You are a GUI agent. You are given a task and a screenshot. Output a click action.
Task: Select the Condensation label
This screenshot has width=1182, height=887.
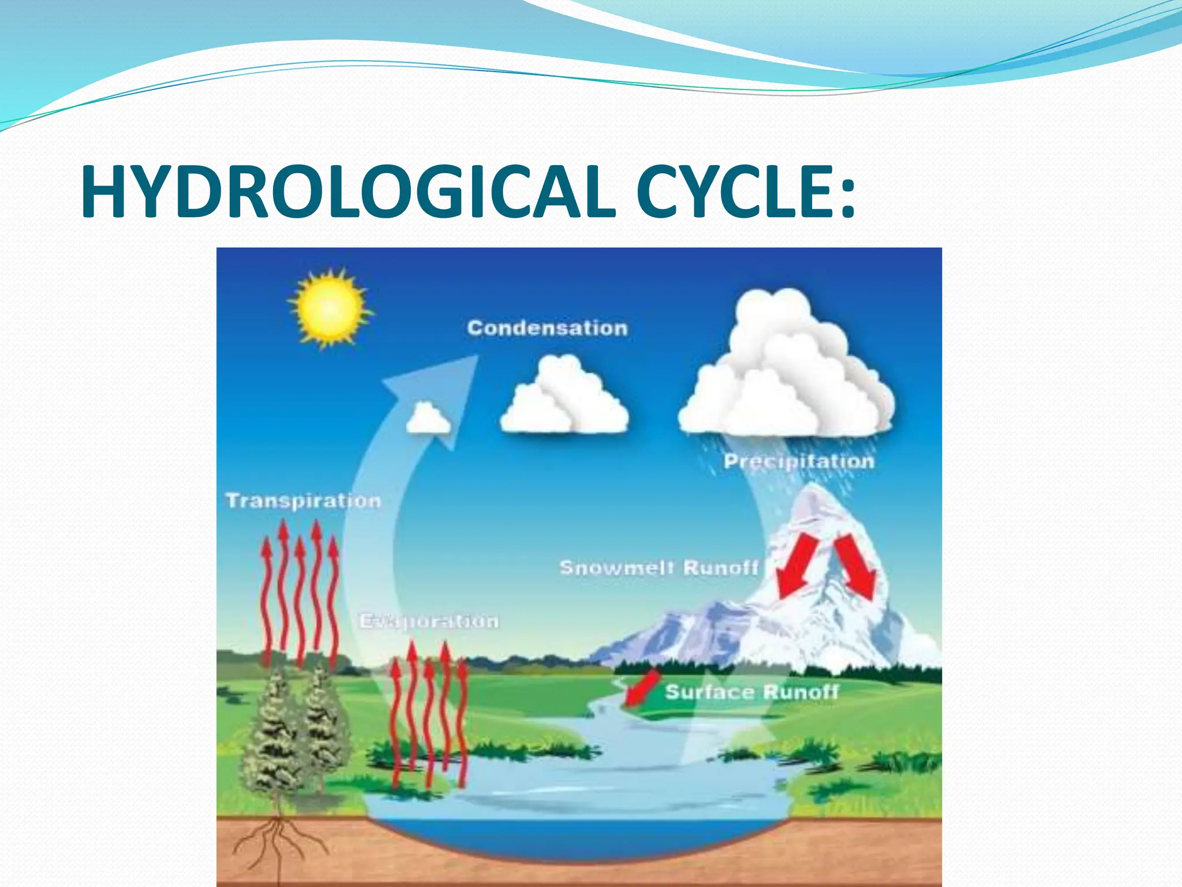(547, 328)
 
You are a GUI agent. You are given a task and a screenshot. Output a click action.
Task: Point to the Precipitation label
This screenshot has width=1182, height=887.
(799, 461)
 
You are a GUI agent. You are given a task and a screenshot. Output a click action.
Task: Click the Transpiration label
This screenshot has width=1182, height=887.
(303, 500)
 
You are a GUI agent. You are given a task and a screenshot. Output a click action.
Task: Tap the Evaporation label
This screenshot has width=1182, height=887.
(429, 621)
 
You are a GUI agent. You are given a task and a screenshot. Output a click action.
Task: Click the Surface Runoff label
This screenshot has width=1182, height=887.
(751, 692)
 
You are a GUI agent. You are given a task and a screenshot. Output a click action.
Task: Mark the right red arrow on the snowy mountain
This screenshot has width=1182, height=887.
(856, 566)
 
